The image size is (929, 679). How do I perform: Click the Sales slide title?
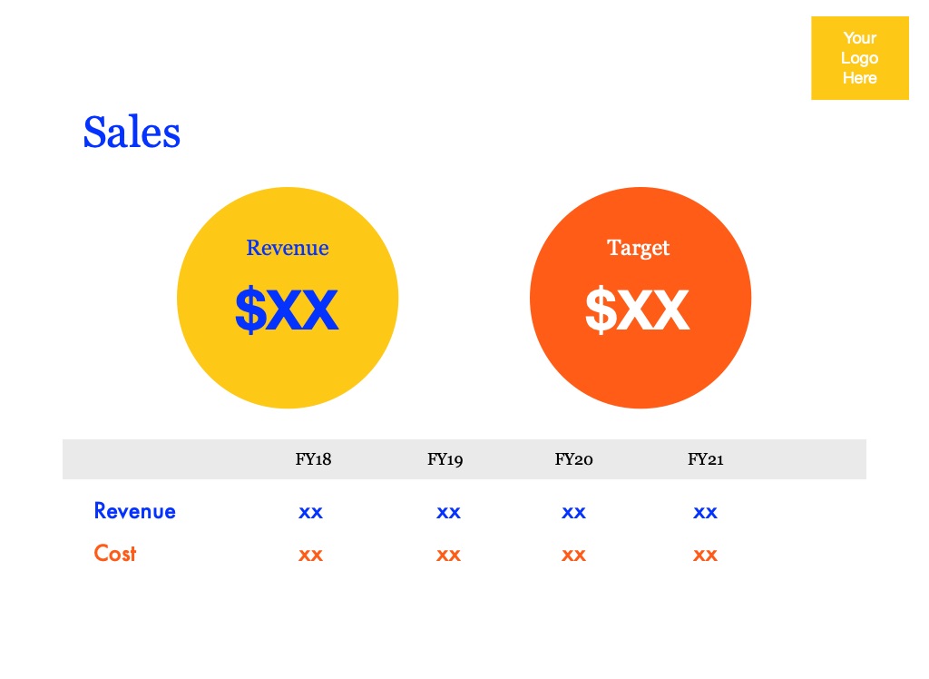click(132, 132)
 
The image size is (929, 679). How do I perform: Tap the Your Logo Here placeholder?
click(860, 58)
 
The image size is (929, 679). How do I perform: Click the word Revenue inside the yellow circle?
click(288, 248)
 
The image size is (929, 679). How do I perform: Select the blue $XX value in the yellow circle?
click(287, 309)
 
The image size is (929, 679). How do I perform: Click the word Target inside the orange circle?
click(638, 249)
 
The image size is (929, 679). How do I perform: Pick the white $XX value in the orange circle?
click(638, 309)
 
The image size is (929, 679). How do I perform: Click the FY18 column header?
click(313, 459)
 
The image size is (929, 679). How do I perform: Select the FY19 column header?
click(445, 459)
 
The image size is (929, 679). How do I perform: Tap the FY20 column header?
click(573, 459)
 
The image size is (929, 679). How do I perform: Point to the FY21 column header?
click(705, 459)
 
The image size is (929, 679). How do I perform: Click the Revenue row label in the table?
click(134, 511)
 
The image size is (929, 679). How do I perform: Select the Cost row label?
click(115, 554)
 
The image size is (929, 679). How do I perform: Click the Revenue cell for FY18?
click(310, 512)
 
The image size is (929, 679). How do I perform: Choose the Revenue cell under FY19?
click(448, 512)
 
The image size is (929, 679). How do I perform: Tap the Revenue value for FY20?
click(573, 512)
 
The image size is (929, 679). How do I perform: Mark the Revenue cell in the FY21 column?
click(705, 512)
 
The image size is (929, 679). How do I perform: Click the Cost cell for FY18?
click(310, 555)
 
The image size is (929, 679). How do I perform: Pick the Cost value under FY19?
click(448, 555)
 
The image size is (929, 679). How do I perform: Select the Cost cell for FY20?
click(573, 555)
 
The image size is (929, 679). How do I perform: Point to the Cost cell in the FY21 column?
click(705, 555)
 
